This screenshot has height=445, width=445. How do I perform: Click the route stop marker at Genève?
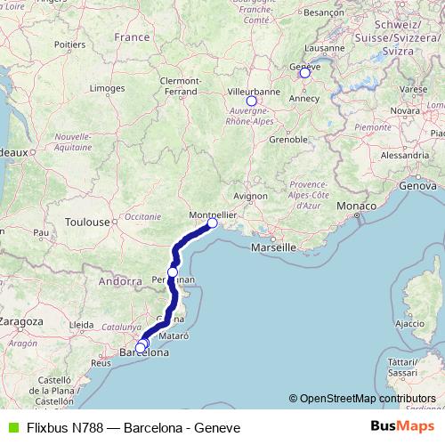tap(304, 73)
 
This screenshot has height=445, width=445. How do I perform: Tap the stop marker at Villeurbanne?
tap(251, 101)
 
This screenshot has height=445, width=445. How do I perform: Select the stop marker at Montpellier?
tap(212, 223)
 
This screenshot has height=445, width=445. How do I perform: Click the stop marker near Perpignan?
tap(173, 272)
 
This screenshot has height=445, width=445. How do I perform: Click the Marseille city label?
tap(272, 247)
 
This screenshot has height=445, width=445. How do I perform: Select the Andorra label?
tap(121, 281)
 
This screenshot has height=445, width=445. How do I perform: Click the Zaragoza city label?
tap(22, 320)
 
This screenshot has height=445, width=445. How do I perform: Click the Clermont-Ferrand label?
tap(180, 85)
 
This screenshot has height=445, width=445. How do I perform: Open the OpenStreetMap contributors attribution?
tap(367, 399)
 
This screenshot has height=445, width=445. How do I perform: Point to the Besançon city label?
tap(324, 13)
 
